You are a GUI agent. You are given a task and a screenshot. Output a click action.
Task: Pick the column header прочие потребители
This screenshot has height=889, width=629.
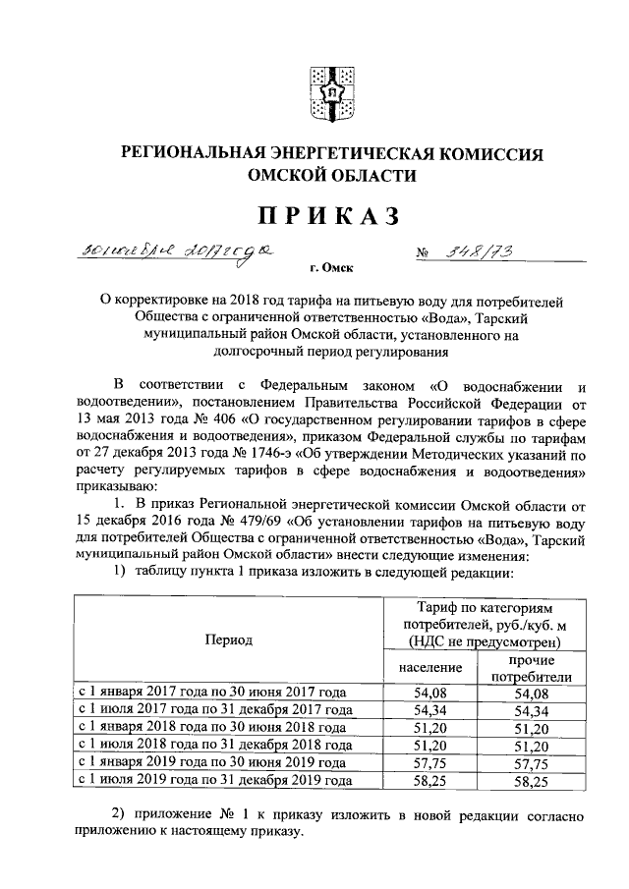coord(531,668)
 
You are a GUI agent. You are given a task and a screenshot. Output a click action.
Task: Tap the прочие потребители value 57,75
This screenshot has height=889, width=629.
coord(531,762)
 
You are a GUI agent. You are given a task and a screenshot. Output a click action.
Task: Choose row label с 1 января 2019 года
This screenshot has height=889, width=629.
coord(210,762)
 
